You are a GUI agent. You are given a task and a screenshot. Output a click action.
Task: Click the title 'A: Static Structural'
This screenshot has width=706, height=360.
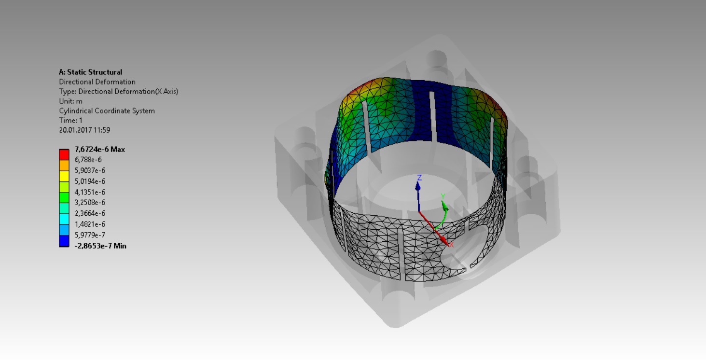click(90, 72)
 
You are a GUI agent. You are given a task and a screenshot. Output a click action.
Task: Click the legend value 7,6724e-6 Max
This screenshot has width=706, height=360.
click(99, 149)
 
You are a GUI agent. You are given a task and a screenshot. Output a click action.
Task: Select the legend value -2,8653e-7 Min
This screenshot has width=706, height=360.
click(100, 246)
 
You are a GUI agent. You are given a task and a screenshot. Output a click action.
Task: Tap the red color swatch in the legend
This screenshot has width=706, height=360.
click(64, 154)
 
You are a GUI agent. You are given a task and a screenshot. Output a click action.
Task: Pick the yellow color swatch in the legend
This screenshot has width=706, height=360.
click(64, 176)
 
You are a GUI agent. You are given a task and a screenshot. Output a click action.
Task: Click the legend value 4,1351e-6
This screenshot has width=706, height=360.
click(90, 192)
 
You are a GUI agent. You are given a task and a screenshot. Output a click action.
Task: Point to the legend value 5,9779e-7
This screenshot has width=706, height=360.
click(90, 235)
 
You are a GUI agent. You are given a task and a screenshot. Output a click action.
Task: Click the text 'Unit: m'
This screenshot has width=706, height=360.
click(70, 101)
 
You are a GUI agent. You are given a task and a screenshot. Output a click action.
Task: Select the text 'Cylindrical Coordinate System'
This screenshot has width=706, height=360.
click(107, 111)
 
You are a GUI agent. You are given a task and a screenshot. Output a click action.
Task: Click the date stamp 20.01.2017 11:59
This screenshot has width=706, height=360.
click(84, 130)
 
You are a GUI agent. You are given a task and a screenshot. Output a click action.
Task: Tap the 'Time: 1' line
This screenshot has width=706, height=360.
click(70, 120)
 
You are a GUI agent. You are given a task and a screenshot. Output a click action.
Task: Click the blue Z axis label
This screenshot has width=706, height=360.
click(419, 178)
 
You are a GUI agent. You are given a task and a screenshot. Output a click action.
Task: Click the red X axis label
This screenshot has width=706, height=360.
click(451, 244)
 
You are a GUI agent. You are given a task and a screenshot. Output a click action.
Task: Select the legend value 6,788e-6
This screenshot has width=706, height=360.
click(88, 160)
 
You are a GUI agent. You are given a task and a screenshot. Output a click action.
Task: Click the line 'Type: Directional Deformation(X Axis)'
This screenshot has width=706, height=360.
click(118, 91)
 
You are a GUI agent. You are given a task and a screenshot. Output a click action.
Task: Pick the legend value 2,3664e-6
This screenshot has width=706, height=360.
click(90, 213)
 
